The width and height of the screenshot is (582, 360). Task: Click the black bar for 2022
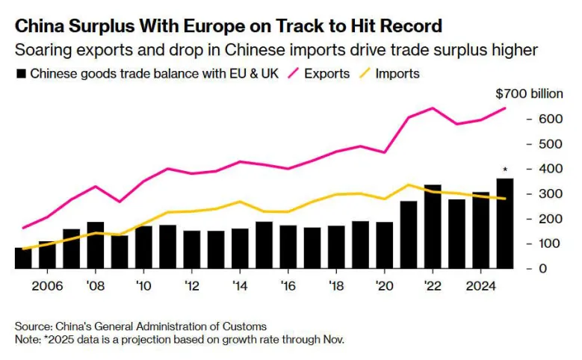(433, 226)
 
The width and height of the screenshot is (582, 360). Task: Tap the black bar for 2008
(95, 245)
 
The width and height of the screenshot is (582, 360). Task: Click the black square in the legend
(21, 74)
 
